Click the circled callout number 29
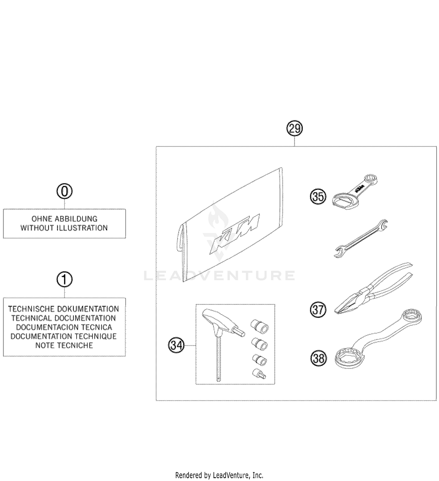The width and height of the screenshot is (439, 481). [x=294, y=129]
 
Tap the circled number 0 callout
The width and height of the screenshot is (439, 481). [x=64, y=192]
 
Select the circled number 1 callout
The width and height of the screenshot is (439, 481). [x=64, y=280]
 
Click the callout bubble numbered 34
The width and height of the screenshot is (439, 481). [x=176, y=345]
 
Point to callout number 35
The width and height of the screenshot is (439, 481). [x=318, y=197]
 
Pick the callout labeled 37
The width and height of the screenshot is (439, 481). [x=318, y=310]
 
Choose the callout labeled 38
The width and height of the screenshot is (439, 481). [x=318, y=358]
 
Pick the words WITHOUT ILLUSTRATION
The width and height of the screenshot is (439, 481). [x=64, y=228]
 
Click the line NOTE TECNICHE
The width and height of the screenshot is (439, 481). [x=64, y=345]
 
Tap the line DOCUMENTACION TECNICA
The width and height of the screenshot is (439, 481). [x=64, y=327]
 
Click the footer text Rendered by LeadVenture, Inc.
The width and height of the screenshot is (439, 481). [x=219, y=475]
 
